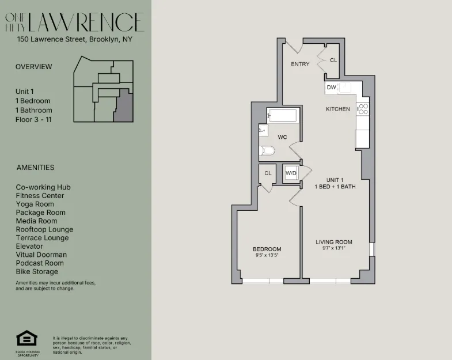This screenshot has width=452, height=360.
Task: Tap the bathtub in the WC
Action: [283, 116]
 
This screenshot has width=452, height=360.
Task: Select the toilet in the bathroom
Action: [267, 151]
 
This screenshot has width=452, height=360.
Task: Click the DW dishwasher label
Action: [331, 88]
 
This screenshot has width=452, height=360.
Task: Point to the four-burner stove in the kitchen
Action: [363, 109]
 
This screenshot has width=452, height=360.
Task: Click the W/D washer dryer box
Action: [291, 173]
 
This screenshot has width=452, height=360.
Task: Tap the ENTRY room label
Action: [300, 64]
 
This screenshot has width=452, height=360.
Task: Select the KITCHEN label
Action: [338, 109]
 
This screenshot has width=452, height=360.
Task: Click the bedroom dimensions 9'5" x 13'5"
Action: [268, 255]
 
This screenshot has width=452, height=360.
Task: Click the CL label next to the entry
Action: [333, 60]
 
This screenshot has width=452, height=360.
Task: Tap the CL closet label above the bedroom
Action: [268, 173]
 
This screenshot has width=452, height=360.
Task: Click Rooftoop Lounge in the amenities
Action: [44, 229]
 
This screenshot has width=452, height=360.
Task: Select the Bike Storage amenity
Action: [37, 272]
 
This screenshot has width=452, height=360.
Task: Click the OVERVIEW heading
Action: [33, 67]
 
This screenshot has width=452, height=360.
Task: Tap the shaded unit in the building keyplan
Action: [122, 109]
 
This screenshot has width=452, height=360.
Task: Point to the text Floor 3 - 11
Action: [34, 119]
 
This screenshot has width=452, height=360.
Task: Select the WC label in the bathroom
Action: [282, 137]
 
